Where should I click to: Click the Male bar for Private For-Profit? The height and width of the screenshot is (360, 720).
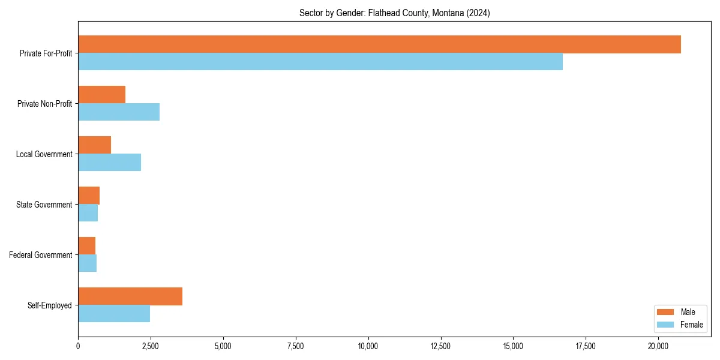tap(379, 44)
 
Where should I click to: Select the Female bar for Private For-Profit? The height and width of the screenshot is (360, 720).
tap(320, 62)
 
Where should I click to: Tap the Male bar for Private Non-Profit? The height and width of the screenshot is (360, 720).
tap(102, 95)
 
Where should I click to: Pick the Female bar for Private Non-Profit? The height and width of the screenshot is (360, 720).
tap(119, 112)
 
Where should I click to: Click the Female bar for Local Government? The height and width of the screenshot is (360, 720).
tap(109, 163)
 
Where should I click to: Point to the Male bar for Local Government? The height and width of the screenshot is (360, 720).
tap(95, 145)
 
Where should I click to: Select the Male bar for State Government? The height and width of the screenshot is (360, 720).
tap(89, 196)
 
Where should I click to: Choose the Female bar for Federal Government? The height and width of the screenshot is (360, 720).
tap(88, 263)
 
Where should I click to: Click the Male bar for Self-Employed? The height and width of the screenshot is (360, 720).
tap(130, 296)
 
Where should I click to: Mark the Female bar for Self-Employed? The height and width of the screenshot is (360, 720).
tap(114, 314)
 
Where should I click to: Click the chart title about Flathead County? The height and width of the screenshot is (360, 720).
tap(394, 13)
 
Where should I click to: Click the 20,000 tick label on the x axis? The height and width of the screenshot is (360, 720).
tap(658, 346)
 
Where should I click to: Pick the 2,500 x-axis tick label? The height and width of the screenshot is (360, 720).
tap(151, 346)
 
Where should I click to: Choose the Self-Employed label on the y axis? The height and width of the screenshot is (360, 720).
tap(50, 305)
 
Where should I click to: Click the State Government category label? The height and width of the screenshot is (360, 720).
tap(44, 205)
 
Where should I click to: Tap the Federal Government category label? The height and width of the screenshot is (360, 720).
tap(41, 255)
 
